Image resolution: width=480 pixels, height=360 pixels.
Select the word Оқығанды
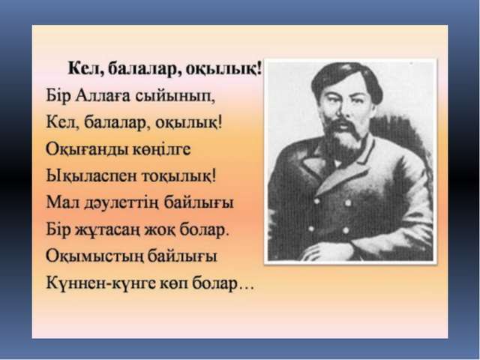[x=87, y=150]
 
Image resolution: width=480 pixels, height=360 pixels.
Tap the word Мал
[x=62, y=202]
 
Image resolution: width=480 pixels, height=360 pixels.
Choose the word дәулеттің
[x=121, y=203]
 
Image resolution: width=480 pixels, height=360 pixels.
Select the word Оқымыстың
[x=94, y=256]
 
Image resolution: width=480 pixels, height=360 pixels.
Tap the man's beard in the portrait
[x=343, y=140]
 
